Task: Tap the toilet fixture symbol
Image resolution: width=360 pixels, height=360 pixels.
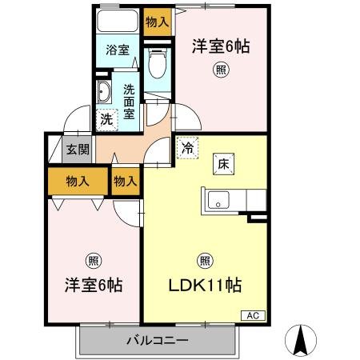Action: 158,61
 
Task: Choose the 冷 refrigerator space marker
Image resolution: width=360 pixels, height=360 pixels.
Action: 186,148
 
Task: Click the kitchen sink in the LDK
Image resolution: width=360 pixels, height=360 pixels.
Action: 219,198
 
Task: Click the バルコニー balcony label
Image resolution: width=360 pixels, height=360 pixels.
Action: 157,341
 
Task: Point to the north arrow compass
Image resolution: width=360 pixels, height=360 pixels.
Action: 302,340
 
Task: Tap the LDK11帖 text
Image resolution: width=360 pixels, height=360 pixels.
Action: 206,286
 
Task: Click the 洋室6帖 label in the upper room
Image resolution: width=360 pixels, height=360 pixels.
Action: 220,46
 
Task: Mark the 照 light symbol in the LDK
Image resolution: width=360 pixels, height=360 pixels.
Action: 204,260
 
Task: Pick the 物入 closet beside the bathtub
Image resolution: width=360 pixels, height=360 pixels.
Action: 157,22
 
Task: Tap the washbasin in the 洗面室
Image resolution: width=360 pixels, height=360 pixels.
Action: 104,93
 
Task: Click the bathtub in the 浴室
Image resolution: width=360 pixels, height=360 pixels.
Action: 118,22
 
